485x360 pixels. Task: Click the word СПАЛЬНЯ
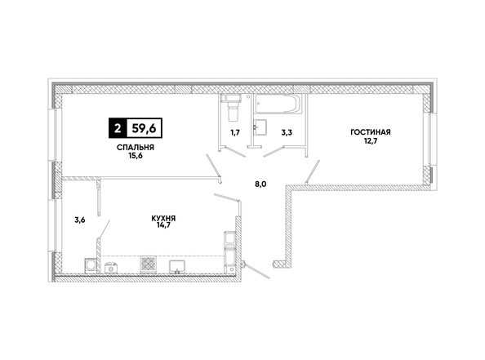click(x=136, y=148)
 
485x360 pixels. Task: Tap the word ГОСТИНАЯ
click(x=371, y=132)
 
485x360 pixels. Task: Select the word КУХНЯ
click(x=163, y=218)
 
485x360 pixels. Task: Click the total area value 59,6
click(x=145, y=128)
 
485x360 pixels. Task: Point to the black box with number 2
click(x=118, y=128)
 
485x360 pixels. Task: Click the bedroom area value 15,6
click(x=136, y=156)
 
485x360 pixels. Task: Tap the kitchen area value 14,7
click(x=163, y=225)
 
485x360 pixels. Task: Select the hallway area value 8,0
click(x=260, y=184)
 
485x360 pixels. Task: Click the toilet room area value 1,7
click(x=235, y=133)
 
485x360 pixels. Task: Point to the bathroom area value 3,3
click(x=287, y=133)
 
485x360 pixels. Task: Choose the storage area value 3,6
click(x=80, y=220)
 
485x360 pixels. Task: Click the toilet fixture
click(x=232, y=108)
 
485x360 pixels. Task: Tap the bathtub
click(x=277, y=104)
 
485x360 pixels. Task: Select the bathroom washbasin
click(x=260, y=127)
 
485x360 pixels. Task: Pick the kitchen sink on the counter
click(x=177, y=267)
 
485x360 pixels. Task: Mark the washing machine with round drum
click(x=91, y=265)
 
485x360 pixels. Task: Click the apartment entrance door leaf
click(x=256, y=271)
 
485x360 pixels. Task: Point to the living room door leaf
click(x=313, y=172)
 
